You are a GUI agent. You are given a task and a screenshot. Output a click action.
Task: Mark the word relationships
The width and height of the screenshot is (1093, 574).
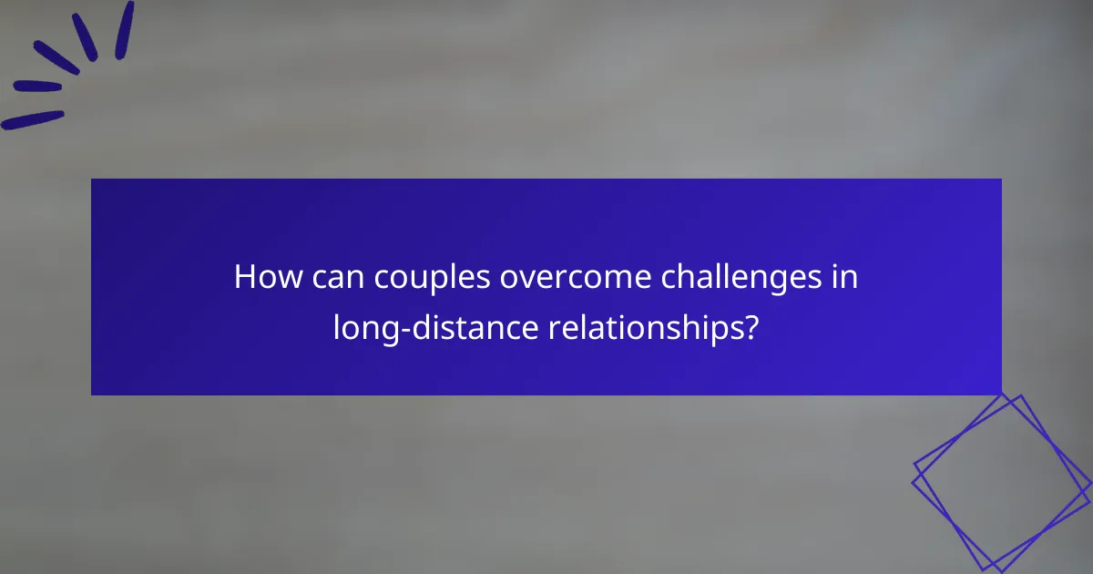[646, 328]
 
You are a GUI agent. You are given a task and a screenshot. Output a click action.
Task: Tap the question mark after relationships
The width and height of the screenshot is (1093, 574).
[751, 328]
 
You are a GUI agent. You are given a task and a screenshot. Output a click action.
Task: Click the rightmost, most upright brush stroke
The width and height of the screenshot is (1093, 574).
[124, 29]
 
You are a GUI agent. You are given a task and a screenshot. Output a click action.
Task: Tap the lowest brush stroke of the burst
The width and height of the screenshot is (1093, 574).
[33, 119]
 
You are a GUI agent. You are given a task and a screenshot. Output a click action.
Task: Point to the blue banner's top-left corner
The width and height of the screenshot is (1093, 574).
[92, 179]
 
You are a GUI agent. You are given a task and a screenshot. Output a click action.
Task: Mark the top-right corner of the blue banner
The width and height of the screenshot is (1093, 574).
[1001, 179]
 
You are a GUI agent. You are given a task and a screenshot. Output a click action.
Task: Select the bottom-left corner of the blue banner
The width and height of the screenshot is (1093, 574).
[92, 395]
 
